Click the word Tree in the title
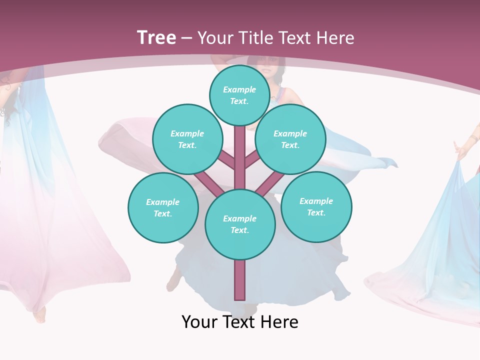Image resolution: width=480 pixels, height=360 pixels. pos(156,37)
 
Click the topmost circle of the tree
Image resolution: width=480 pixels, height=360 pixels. pos(239,95)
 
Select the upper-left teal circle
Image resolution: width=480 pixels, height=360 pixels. pos(187,139)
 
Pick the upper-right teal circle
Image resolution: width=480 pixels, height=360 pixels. pos(290,139)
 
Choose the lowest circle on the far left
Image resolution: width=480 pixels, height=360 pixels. pos(163,207)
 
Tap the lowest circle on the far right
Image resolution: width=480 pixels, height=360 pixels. pos(316,206)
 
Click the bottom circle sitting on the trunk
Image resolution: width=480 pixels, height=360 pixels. pos(240,224)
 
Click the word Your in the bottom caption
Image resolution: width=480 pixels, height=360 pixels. pos(199,322)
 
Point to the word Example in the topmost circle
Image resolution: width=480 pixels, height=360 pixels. pos(239,89)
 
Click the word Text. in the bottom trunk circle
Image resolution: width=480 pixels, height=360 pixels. pos(239,230)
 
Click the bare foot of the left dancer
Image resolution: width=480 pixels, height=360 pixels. pos(39,315)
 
